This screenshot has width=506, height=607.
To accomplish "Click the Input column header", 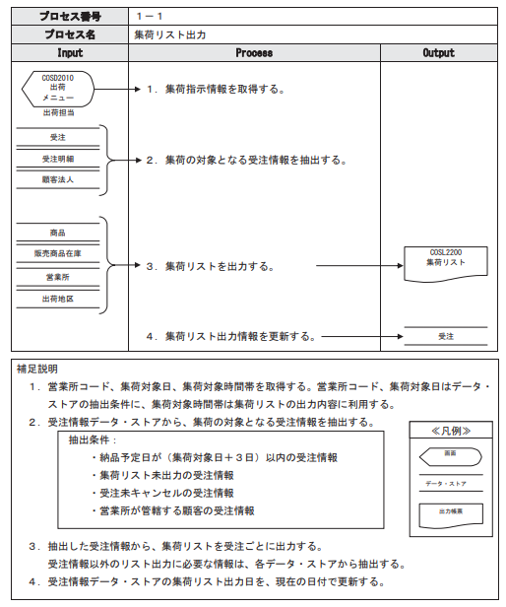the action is click(70, 52).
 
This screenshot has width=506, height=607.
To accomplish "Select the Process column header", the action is click(254, 52).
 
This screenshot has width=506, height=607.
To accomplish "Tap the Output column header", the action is click(439, 52).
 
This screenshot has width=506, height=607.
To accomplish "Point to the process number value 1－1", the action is click(150, 16).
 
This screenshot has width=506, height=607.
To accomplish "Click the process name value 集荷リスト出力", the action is click(170, 34).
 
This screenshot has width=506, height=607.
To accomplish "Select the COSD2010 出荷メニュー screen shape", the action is click(58, 89).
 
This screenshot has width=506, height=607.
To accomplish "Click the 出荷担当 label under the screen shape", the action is click(58, 112).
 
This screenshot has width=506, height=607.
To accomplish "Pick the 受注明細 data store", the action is click(58, 159).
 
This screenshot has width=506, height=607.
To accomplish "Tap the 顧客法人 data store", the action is click(58, 179).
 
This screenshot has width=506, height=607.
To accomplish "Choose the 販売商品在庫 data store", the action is click(58, 253).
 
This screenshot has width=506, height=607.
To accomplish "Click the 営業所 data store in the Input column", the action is click(58, 277).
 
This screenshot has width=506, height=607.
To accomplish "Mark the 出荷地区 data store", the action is click(58, 299).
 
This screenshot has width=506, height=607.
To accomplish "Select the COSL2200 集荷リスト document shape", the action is click(446, 263).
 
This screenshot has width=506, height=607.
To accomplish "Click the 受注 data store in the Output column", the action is click(446, 336).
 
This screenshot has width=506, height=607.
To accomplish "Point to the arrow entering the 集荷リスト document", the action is click(359, 266).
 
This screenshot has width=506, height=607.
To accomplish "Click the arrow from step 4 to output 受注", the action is click(362, 336).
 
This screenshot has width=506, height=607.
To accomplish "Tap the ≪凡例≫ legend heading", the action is click(451, 431).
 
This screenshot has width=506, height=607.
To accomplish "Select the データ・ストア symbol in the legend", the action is click(451, 483).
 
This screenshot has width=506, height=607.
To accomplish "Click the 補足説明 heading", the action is click(37, 369).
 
